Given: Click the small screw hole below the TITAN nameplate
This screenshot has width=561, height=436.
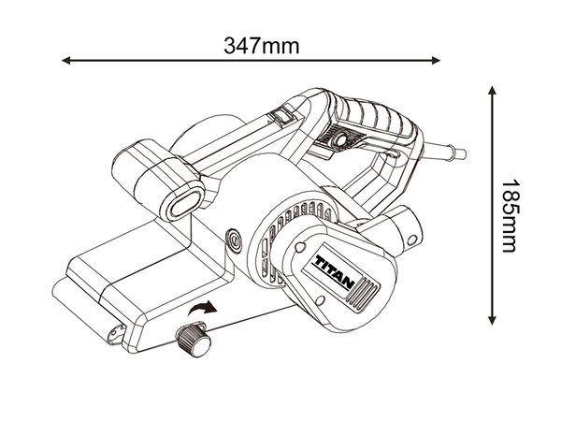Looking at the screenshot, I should [321, 301].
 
